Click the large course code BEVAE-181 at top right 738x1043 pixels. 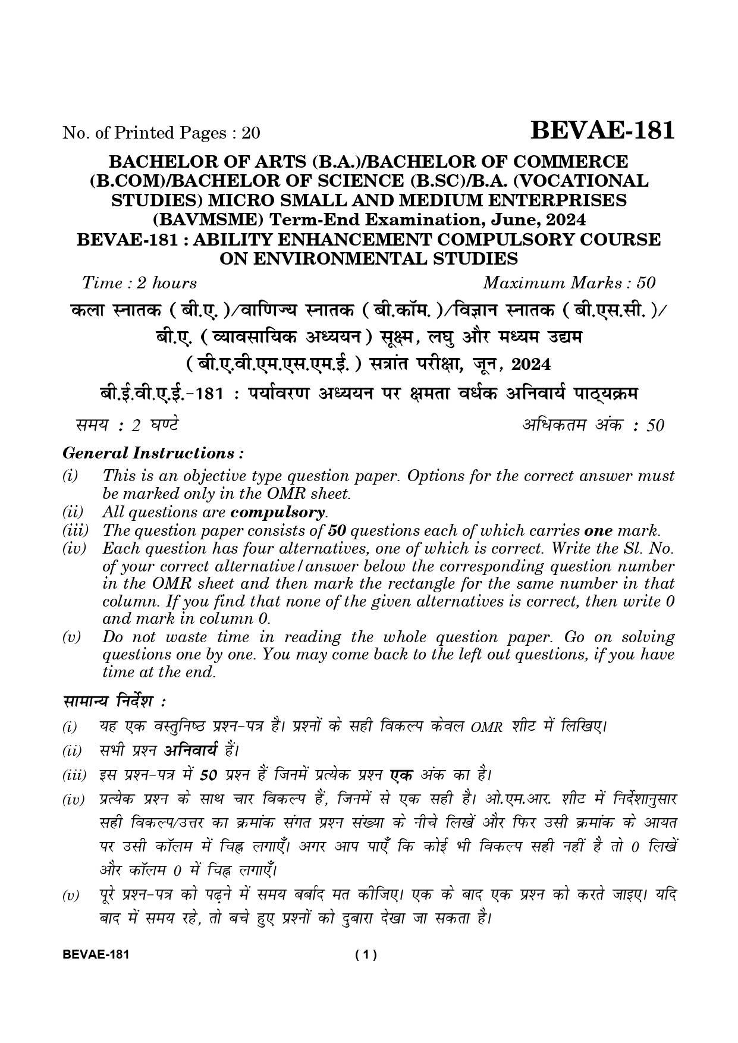pyautogui.click(x=602, y=130)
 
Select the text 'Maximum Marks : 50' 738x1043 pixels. pyautogui.click(x=569, y=283)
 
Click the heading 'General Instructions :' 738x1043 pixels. pyautogui.click(x=153, y=454)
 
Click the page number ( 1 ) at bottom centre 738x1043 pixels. pyautogui.click(x=366, y=956)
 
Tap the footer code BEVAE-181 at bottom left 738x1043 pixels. pyautogui.click(x=96, y=956)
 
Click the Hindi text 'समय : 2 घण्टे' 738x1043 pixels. pyautogui.click(x=127, y=425)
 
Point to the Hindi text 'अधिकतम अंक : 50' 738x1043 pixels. pyautogui.click(x=593, y=425)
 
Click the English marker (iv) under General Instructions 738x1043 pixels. pyautogui.click(x=74, y=548)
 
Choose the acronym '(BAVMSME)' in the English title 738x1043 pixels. pyautogui.click(x=208, y=220)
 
